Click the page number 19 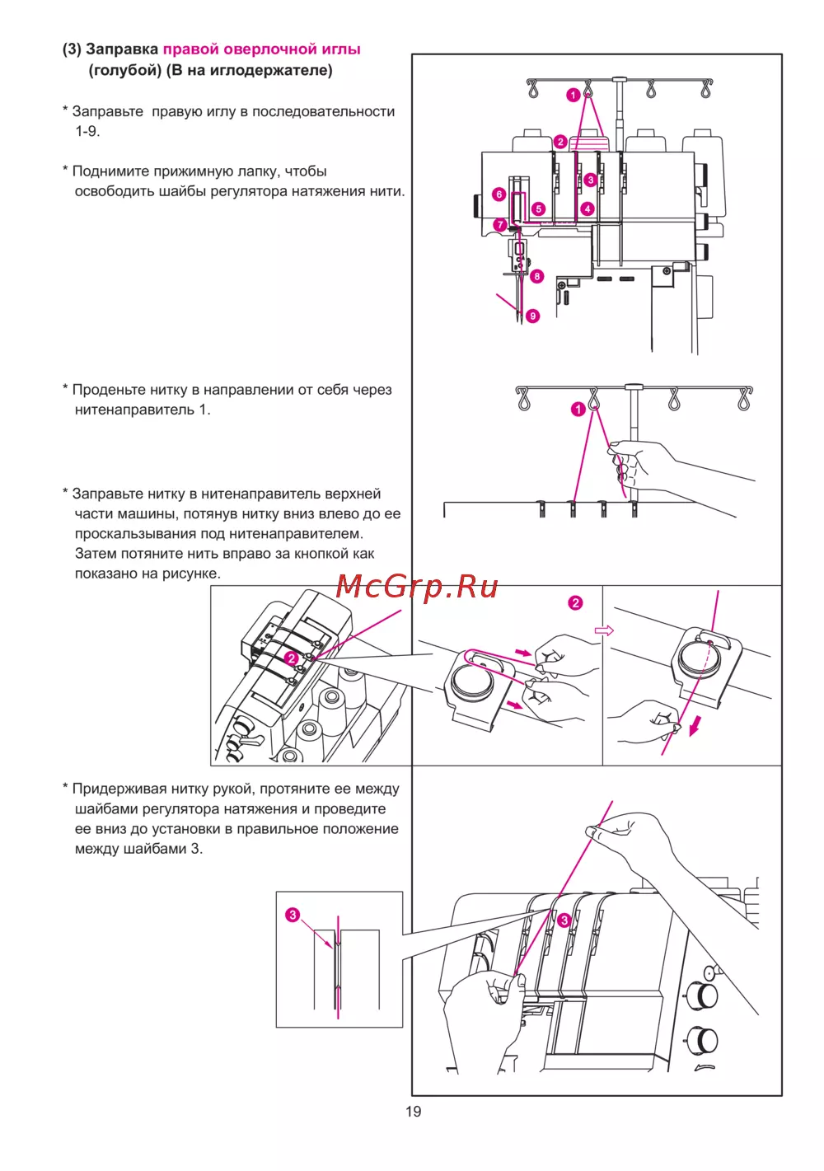pos(413,1112)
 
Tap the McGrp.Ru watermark pos(417,587)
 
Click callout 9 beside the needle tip pos(533,316)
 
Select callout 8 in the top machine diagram pos(537,276)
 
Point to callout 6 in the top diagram pos(499,194)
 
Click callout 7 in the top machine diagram pos(500,224)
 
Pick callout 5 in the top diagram pos(538,208)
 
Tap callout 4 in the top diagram pos(588,208)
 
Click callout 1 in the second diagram pos(578,409)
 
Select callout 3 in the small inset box pos(293,915)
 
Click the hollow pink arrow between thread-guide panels pos(604,630)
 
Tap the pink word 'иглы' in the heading pos(341,49)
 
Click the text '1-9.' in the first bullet pos(87,131)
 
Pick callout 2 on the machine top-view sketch pos(291,658)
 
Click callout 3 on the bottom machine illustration pos(564,920)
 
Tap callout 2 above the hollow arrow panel pos(575,603)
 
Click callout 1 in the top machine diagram pos(573,96)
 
